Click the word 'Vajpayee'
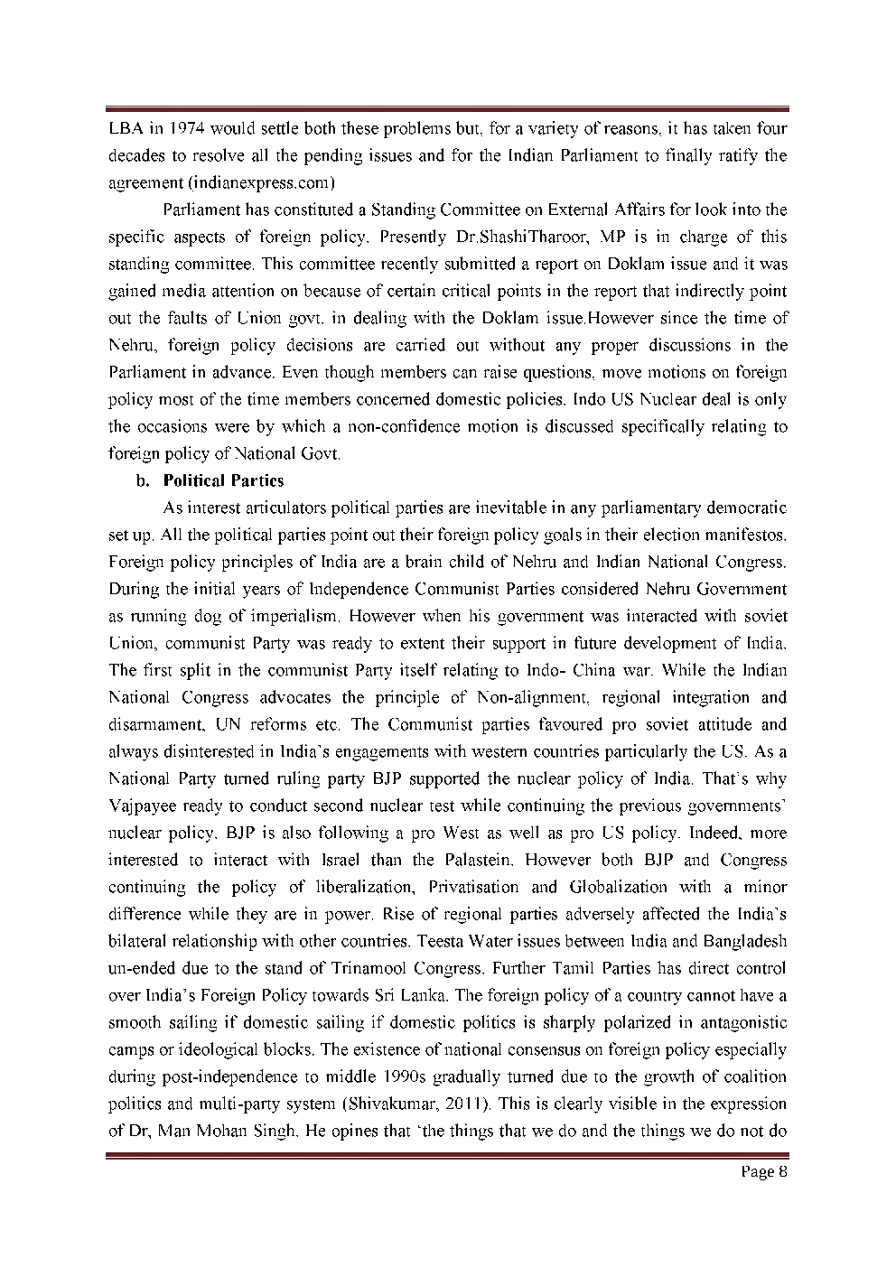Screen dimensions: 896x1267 point(136,806)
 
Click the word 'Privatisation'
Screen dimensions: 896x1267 point(473,887)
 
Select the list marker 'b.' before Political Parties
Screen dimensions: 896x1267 point(142,480)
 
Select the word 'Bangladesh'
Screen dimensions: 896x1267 point(749,941)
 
